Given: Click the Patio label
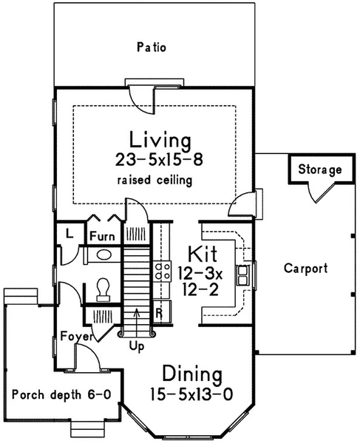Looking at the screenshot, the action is pyautogui.click(x=152, y=47).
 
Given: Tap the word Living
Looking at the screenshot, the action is pyautogui.click(x=160, y=140).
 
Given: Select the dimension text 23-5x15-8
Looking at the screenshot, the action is pyautogui.click(x=159, y=160).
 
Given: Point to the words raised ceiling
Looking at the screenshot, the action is pyautogui.click(x=154, y=180).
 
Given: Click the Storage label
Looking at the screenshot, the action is pyautogui.click(x=320, y=169).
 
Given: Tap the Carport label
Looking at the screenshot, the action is pyautogui.click(x=306, y=268).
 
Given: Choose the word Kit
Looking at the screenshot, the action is pyautogui.click(x=203, y=254).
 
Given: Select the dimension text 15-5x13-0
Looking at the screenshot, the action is pyautogui.click(x=191, y=394).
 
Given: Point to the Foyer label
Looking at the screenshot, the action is pyautogui.click(x=77, y=336).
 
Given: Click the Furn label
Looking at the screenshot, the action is pyautogui.click(x=102, y=236).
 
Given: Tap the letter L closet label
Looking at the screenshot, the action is pyautogui.click(x=69, y=233).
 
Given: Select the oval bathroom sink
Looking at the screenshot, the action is pyautogui.click(x=104, y=255).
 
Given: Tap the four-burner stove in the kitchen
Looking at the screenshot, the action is pyautogui.click(x=163, y=271).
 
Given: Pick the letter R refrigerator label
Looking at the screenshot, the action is pyautogui.click(x=159, y=313).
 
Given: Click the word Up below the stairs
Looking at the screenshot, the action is pyautogui.click(x=137, y=346).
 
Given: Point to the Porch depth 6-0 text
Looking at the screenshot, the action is pyautogui.click(x=61, y=394).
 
